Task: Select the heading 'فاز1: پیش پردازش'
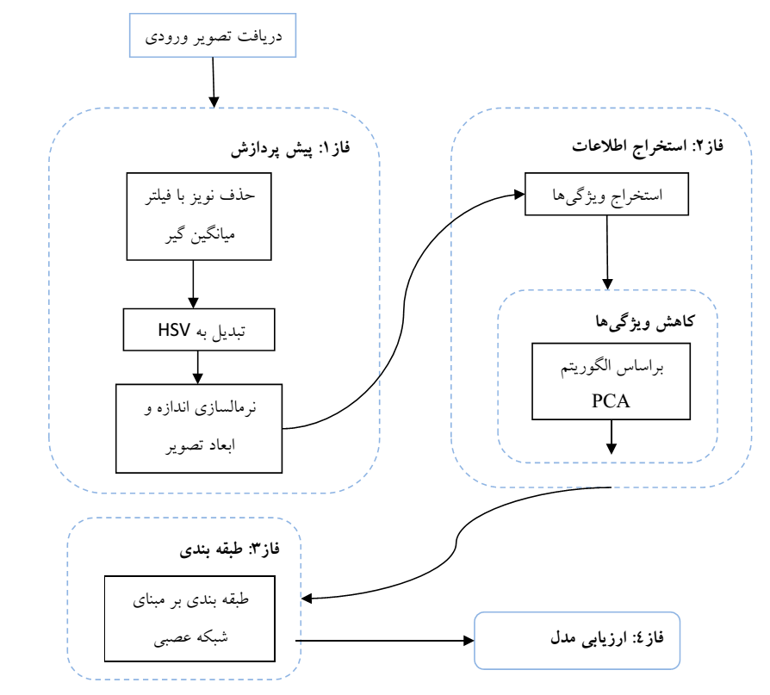pyautogui.click(x=291, y=149)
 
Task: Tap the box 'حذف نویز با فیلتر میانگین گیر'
pyautogui.click(x=199, y=215)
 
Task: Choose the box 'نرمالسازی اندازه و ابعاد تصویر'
pyautogui.click(x=199, y=428)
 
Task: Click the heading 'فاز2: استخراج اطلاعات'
pyautogui.click(x=648, y=146)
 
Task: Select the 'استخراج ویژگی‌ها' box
pyautogui.click(x=607, y=195)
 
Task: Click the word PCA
pyautogui.click(x=611, y=400)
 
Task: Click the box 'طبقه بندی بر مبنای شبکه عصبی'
pyautogui.click(x=199, y=620)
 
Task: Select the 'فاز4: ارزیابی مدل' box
pyautogui.click(x=577, y=641)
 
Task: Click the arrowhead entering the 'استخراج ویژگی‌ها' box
pyautogui.click(x=519, y=195)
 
